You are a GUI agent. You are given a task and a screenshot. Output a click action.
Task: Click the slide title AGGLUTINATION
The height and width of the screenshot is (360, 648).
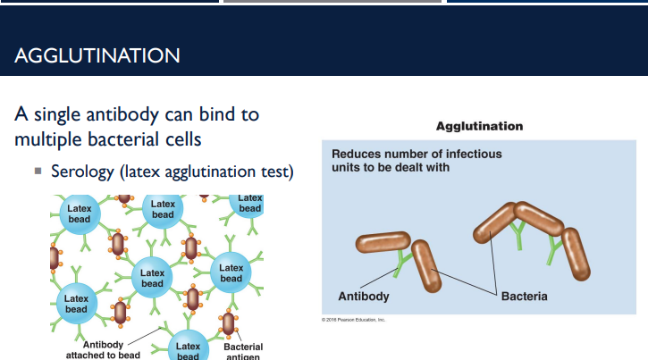click(97, 55)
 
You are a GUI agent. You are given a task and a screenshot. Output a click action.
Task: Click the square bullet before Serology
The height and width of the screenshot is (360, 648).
click(38, 170)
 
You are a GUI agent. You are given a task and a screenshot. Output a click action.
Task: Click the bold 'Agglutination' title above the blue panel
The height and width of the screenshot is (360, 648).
click(479, 126)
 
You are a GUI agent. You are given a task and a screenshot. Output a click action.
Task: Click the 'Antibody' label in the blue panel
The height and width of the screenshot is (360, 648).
click(363, 296)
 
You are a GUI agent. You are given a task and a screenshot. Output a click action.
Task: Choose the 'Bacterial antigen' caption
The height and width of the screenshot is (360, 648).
click(243, 352)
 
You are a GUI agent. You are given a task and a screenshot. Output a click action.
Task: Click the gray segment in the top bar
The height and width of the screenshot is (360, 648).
click(332, 2)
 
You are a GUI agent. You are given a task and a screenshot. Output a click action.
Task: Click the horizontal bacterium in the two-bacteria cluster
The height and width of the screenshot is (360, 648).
click(383, 242)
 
